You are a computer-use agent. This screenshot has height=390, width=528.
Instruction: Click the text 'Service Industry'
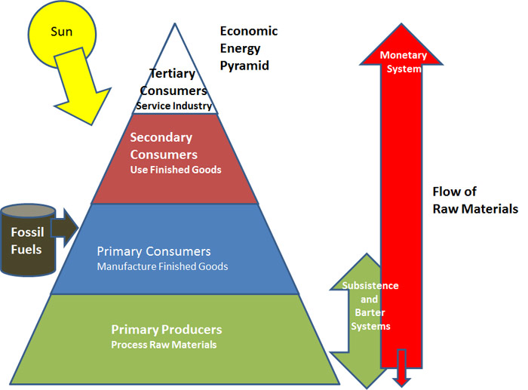(x=173, y=106)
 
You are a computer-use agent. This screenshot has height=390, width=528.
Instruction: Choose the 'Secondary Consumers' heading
(x=161, y=145)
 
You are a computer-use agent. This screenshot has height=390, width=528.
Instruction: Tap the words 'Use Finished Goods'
(x=175, y=170)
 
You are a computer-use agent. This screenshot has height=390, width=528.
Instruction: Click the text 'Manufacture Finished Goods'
(x=162, y=266)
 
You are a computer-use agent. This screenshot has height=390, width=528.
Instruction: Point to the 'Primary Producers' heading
(x=166, y=330)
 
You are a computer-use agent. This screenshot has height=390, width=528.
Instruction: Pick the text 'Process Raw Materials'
(x=164, y=345)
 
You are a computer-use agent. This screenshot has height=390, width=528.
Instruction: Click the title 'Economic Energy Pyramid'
(x=248, y=48)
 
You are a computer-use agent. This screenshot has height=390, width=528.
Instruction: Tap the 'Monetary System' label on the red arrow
(x=403, y=61)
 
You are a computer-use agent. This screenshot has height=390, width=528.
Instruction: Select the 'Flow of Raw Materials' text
(x=474, y=200)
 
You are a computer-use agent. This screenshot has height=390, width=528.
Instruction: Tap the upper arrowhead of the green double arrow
(x=359, y=268)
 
